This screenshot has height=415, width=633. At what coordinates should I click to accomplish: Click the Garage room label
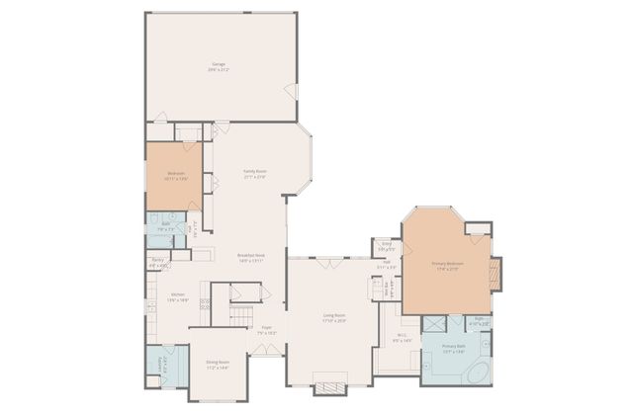pos(218,65)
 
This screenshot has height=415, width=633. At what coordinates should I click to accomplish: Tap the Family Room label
pos(255,171)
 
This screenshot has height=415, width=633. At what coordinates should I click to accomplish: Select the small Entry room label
pos(386,245)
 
